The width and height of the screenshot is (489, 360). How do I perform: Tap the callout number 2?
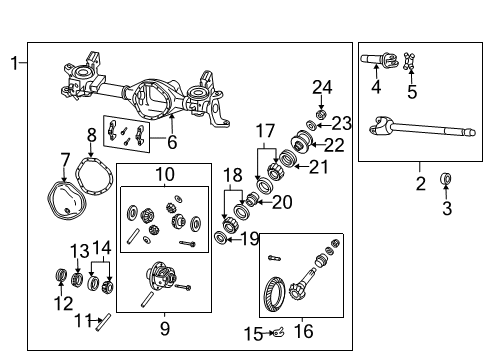(421, 183)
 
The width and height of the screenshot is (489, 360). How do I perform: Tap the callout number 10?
(164, 175)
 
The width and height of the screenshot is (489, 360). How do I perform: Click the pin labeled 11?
(102, 320)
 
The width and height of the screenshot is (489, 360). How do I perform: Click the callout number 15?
(254, 332)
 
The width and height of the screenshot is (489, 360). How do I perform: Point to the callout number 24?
(320, 86)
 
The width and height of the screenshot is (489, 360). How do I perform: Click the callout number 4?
(376, 87)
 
